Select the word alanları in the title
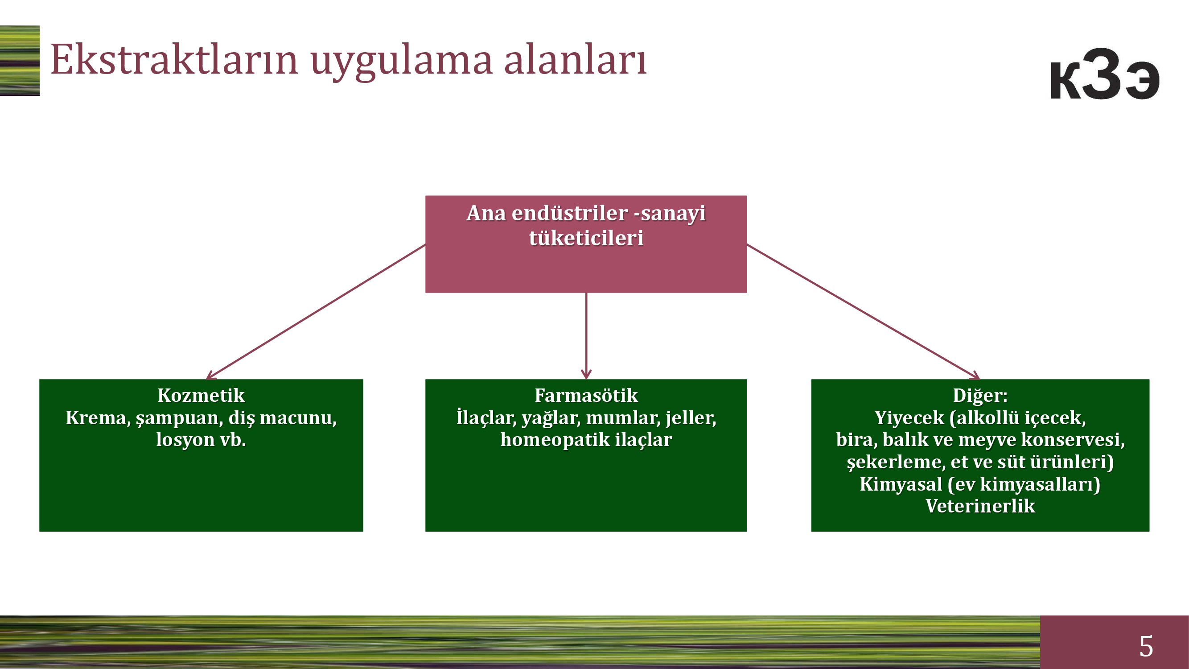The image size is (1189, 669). point(575,59)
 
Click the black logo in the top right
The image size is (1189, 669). point(1105,74)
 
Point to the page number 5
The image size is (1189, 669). point(1146,646)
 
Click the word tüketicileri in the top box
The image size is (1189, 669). point(586,238)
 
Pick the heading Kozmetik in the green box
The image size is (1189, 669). point(201,396)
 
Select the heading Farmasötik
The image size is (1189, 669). point(586,396)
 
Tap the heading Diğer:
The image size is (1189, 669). point(980,396)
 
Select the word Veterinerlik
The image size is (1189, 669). point(980,506)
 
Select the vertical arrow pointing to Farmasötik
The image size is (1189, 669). point(586,336)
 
